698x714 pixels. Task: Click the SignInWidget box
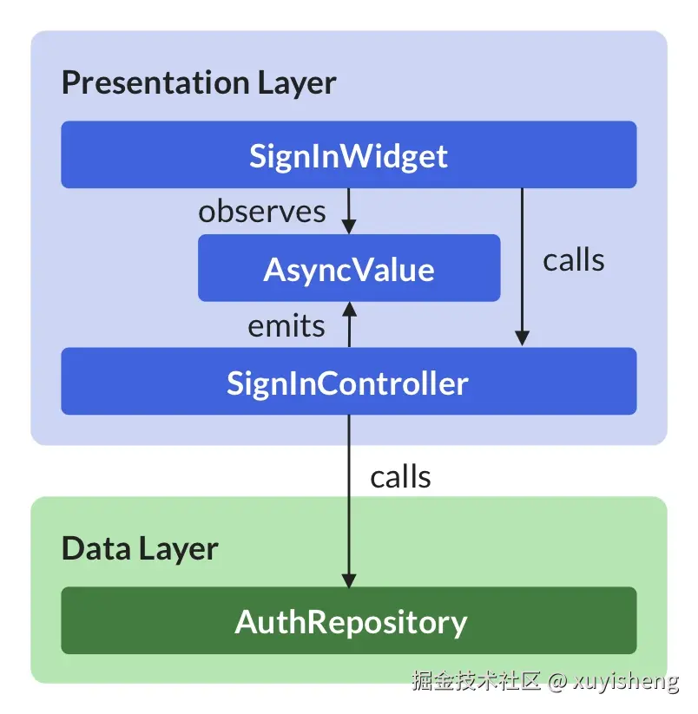(x=348, y=155)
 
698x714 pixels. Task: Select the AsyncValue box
(x=348, y=269)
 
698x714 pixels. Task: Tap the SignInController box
(x=348, y=382)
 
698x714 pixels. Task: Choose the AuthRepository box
(x=348, y=621)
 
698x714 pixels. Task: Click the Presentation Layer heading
(x=199, y=83)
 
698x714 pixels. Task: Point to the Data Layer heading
(x=140, y=548)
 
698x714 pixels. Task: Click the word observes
(x=262, y=212)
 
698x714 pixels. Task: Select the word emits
(x=286, y=326)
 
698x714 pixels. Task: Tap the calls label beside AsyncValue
(x=574, y=259)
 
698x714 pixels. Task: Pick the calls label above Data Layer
(x=400, y=476)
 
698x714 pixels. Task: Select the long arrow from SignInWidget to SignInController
(x=522, y=260)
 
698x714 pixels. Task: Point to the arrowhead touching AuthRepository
(x=348, y=580)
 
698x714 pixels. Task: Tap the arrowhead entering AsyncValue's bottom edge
(x=348, y=309)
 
